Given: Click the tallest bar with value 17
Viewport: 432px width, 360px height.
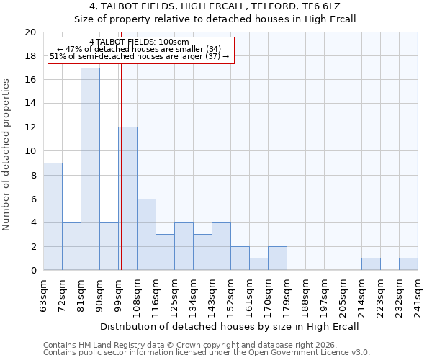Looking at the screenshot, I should pyautogui.click(x=90, y=169).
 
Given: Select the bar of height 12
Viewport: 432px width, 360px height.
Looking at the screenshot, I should pyautogui.click(x=128, y=199).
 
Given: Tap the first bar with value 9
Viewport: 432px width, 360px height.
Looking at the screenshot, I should pyautogui.click(x=53, y=217).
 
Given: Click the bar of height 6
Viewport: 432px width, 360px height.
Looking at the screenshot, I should pyautogui.click(x=146, y=235).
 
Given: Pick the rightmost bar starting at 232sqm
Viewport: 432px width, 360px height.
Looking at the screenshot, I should pyautogui.click(x=408, y=264).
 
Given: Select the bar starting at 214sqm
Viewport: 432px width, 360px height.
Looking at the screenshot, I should pyautogui.click(x=371, y=264).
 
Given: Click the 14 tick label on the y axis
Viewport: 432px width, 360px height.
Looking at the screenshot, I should pyautogui.click(x=30, y=104).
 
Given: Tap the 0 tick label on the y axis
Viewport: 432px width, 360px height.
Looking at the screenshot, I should pyautogui.click(x=32, y=271).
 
